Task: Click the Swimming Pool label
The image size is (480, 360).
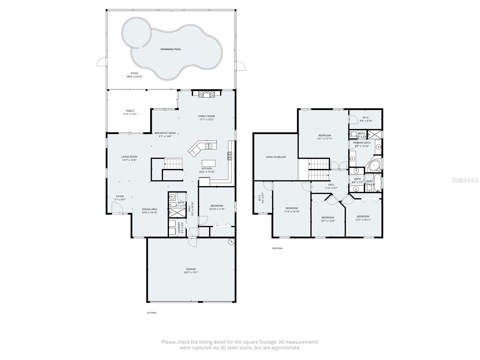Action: click(x=170, y=49)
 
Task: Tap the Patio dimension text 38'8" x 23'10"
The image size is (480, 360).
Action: click(x=134, y=77)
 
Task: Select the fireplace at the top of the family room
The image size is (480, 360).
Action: click(x=206, y=94)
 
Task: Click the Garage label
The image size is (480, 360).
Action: click(x=191, y=269)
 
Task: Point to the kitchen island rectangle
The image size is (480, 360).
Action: click(x=208, y=163)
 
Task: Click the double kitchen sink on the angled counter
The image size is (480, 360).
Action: click(x=209, y=146)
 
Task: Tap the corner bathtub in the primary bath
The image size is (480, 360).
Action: click(x=374, y=165)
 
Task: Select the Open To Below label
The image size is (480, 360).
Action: click(x=276, y=157)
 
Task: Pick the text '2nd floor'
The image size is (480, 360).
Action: click(x=277, y=248)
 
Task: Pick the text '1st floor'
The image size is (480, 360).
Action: click(x=151, y=313)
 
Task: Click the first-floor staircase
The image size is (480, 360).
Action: click(x=173, y=164)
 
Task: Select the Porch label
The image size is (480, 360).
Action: click(x=130, y=111)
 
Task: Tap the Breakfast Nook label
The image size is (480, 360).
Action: click(x=165, y=133)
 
